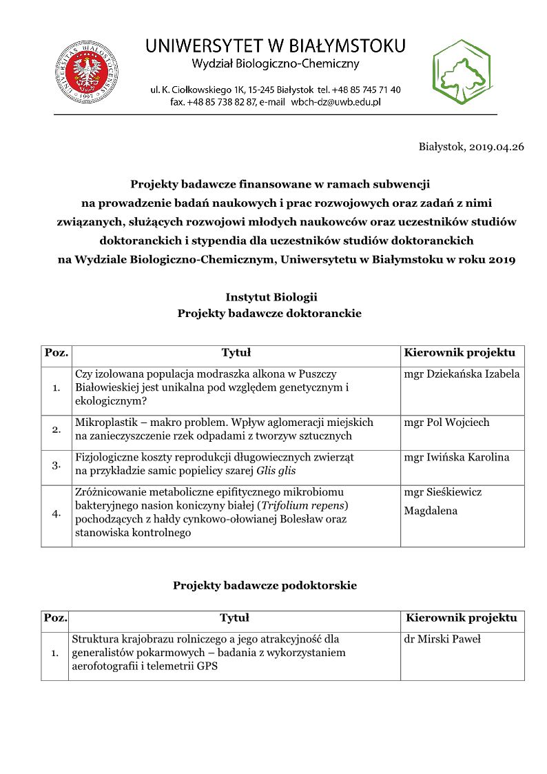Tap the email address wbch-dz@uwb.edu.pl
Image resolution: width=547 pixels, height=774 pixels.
click(336, 102)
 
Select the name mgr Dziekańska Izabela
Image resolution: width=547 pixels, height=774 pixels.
click(462, 374)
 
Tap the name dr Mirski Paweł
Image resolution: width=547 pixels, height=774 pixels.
click(442, 639)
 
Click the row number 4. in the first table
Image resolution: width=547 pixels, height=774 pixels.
click(56, 516)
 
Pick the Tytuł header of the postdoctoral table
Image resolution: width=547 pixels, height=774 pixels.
click(234, 618)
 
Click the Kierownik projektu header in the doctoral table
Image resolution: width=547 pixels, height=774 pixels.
click(460, 353)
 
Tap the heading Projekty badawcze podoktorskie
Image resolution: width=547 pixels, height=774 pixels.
click(265, 586)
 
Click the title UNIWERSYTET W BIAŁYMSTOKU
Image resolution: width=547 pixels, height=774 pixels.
click(276, 46)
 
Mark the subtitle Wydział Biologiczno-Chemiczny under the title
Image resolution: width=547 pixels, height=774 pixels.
click(276, 64)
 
